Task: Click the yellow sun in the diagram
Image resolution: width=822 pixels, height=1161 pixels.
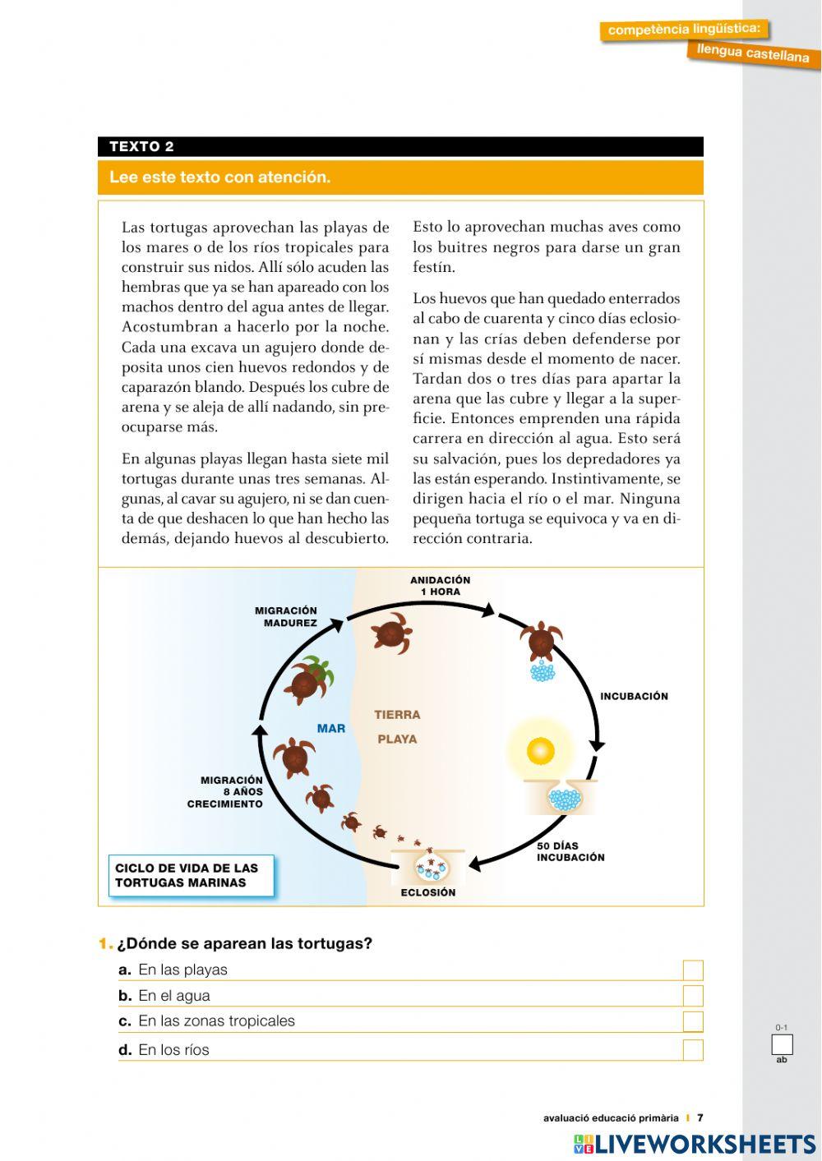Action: tap(540, 750)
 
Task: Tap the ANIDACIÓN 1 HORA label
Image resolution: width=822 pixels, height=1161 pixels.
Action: tap(440, 586)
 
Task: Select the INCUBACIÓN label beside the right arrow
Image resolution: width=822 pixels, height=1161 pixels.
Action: tap(634, 696)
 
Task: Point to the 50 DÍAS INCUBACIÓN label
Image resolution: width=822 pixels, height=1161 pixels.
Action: tap(570, 851)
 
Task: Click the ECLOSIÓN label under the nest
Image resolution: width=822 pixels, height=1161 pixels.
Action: tap(427, 892)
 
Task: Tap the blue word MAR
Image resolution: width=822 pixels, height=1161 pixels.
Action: tap(331, 728)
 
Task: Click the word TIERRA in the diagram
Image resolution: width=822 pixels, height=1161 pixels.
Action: tap(397, 715)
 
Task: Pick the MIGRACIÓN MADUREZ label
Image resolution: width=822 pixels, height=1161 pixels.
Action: tap(286, 616)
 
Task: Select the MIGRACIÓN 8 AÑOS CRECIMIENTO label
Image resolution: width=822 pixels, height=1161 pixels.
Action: tap(226, 792)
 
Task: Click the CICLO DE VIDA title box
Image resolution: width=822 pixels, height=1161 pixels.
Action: tap(191, 876)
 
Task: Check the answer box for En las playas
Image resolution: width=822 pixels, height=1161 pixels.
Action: tap(693, 970)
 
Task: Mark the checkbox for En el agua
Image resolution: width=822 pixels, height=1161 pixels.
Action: tap(693, 996)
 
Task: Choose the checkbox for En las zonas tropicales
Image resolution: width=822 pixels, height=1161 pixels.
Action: tap(693, 1021)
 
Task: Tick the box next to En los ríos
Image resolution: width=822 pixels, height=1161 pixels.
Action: tap(693, 1049)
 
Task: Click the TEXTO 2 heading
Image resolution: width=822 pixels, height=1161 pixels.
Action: tap(141, 147)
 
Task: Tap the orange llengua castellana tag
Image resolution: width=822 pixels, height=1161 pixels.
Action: tap(753, 53)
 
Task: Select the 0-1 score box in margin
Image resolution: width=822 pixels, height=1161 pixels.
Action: tap(782, 1045)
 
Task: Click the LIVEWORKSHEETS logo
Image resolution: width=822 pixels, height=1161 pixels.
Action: tap(695, 1144)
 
